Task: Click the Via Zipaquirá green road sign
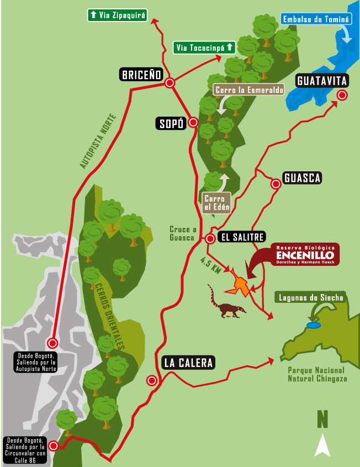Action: pos(118,15)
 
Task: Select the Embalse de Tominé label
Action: pos(316,20)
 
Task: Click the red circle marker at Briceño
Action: pos(170,83)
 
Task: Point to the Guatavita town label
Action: pos(322,81)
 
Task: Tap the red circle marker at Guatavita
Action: pos(342,95)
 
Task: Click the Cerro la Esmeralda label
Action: pos(248,90)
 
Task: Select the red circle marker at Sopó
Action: pos(193,123)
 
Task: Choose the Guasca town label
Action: pos(302,178)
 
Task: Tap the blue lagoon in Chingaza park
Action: pos(314,326)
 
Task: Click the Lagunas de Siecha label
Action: pos(311,298)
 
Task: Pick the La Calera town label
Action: pos(188,363)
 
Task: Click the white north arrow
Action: pos(322,445)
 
